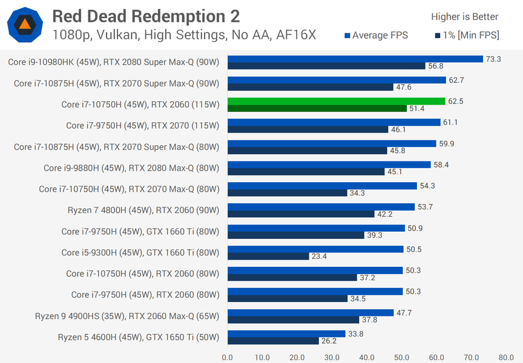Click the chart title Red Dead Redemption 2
pyautogui.click(x=146, y=16)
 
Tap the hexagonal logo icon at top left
pyautogui.click(x=25, y=24)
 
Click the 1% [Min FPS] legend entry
pyautogui.click(x=467, y=36)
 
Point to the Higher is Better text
pyautogui.click(x=464, y=16)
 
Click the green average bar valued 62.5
pyautogui.click(x=337, y=101)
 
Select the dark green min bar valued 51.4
pyautogui.click(x=317, y=108)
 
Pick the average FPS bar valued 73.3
pyautogui.click(x=355, y=59)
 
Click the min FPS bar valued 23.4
pyautogui.click(x=268, y=256)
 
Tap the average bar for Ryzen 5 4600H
pyautogui.click(x=286, y=333)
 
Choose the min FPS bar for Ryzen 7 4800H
pyautogui.click(x=301, y=214)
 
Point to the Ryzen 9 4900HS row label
pyautogui.click(x=127, y=316)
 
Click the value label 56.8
pyautogui.click(x=436, y=66)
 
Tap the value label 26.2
pyautogui.click(x=329, y=341)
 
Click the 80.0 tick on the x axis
pyautogui.click(x=506, y=357)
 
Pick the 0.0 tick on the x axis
pyautogui.click(x=228, y=357)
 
